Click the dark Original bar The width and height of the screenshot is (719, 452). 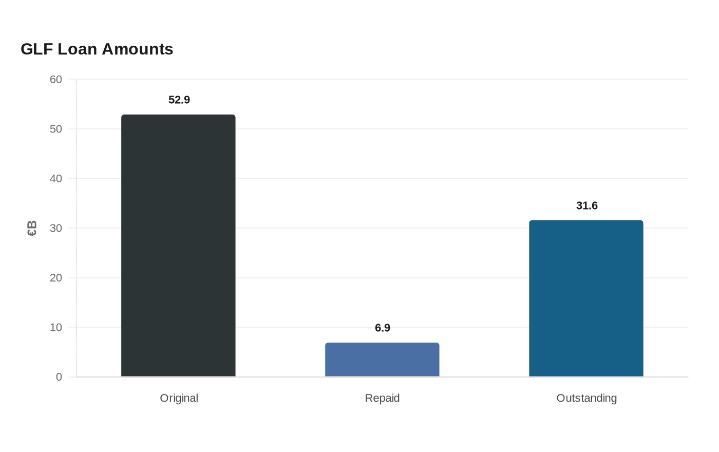[x=178, y=246]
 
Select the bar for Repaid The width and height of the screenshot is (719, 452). [x=382, y=360]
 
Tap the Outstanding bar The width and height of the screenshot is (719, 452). [x=586, y=298]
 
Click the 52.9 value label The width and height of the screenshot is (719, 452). [x=179, y=100]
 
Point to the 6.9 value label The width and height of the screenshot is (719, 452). [x=382, y=328]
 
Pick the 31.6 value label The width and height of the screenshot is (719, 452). [x=586, y=205]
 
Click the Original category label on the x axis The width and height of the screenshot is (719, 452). [x=179, y=398]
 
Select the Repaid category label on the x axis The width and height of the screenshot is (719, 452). [x=382, y=398]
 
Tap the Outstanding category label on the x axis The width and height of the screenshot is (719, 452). [x=586, y=398]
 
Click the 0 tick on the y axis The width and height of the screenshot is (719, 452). [x=59, y=377]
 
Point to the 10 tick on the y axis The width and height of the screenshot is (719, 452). [x=56, y=328]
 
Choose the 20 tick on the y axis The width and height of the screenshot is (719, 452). [x=56, y=278]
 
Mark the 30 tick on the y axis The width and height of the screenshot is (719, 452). [x=56, y=228]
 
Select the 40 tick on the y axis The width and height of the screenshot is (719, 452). [x=56, y=179]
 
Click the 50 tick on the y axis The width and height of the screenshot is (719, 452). [x=56, y=129]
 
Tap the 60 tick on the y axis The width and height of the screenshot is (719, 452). [x=56, y=79]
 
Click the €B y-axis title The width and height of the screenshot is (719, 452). [x=32, y=228]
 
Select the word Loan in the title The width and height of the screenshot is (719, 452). [x=78, y=49]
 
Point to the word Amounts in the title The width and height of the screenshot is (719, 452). [x=138, y=49]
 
